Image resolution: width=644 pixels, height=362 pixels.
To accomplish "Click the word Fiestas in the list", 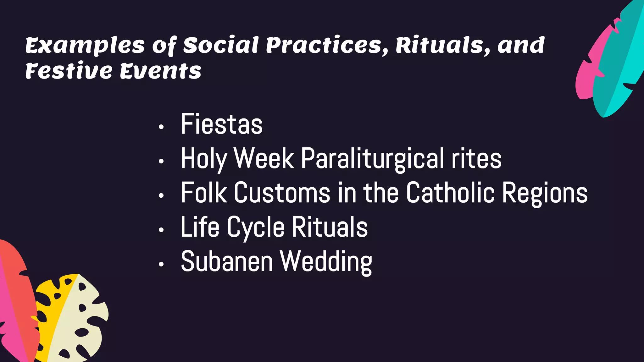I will coord(221,124).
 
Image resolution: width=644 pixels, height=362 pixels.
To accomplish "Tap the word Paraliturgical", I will coord(372,159).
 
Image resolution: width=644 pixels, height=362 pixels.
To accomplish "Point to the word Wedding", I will coord(326,262).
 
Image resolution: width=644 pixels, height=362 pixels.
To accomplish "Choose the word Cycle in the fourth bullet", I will coord(256,228).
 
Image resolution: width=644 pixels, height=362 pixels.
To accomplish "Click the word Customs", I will coord(282,193).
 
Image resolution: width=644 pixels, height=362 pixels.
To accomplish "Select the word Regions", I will coord(545,193).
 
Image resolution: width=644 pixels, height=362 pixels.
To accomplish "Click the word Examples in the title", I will coord(85,46).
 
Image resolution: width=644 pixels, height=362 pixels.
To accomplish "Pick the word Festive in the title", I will coord(69,71).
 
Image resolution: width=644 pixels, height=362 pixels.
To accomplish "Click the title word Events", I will coord(160,71).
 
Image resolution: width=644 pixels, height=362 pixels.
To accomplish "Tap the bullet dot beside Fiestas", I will coord(161,127).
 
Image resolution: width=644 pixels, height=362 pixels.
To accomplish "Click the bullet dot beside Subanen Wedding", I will coord(161,264).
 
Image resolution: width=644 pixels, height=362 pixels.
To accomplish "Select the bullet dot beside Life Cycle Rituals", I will coord(161,230).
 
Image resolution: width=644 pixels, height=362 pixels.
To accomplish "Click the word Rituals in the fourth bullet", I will coord(330,227).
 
